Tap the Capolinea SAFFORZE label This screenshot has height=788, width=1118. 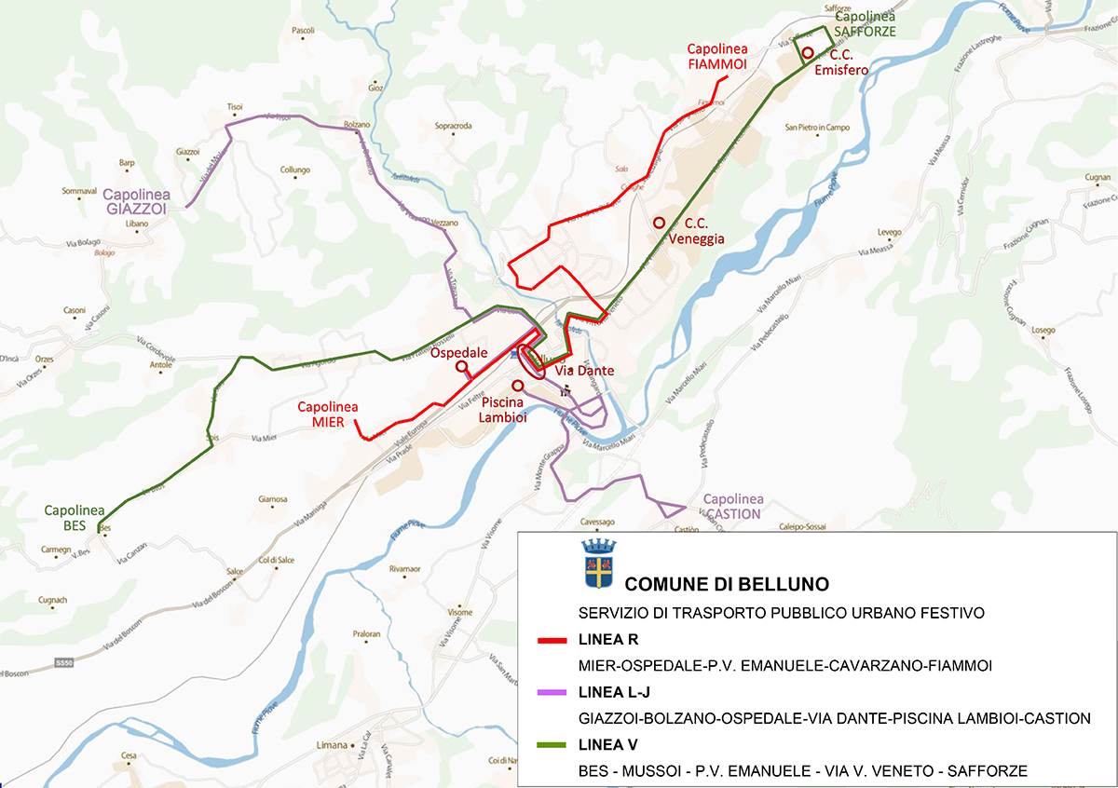(x=865, y=24)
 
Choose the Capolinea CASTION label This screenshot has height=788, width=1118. (x=732, y=506)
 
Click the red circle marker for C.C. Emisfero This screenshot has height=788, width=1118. (x=809, y=53)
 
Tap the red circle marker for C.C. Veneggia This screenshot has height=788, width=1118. (x=659, y=223)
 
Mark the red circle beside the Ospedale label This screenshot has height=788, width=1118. (x=461, y=367)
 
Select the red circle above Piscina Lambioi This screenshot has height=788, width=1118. (x=518, y=385)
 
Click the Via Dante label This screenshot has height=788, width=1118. (x=584, y=371)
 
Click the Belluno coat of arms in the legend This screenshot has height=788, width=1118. (x=595, y=563)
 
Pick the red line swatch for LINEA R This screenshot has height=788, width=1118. (x=558, y=641)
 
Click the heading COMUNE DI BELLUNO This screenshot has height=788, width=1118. (x=727, y=585)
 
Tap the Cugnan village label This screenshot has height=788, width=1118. (x=1098, y=177)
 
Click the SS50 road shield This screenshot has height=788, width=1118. (x=63, y=662)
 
